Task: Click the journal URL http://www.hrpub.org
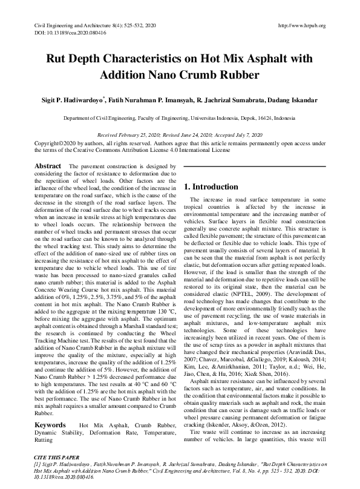(301, 26)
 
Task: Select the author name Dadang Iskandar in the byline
(296, 99)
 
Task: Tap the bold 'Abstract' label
(47, 166)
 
